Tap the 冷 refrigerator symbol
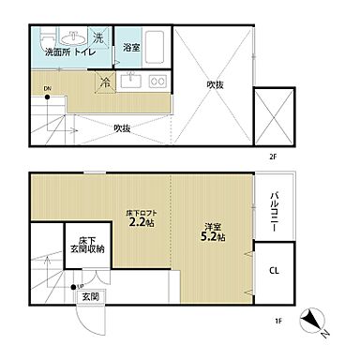coord(106,82)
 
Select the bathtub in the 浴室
coord(155,48)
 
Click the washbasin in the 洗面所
coord(72,37)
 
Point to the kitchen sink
coord(131,81)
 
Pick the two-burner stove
coord(157,81)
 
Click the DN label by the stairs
coord(47,89)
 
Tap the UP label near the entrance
coord(79,286)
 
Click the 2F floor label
coord(273,157)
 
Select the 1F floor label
coord(278,321)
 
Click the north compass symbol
coord(313,322)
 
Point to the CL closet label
coord(274,271)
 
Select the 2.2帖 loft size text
coord(142,222)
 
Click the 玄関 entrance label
coord(90,296)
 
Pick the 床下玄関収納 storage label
coord(87,246)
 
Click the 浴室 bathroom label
coord(131,48)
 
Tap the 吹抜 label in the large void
coord(215,84)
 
